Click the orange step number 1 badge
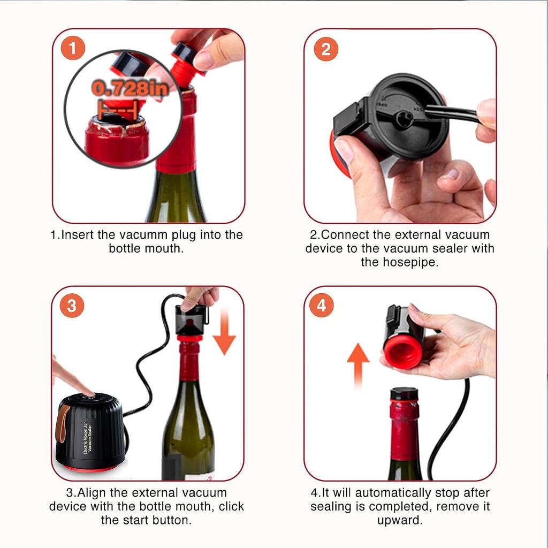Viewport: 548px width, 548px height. [73, 48]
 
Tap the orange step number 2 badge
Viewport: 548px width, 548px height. [326, 49]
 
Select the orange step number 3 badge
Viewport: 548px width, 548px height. [72, 306]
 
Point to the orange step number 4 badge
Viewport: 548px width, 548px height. [321, 305]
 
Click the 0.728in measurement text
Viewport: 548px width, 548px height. [131, 89]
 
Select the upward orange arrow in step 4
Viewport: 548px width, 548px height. [358, 365]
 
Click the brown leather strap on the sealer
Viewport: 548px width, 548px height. [63, 424]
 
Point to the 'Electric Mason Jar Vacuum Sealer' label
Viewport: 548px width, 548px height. [87, 438]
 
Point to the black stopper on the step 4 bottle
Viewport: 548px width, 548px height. [405, 394]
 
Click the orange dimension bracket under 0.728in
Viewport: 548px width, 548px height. [117, 110]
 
